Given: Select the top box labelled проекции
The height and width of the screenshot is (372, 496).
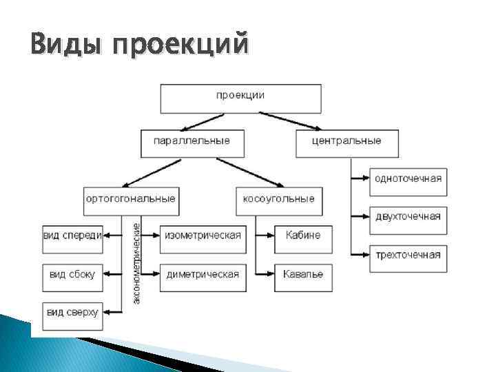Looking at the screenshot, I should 240,99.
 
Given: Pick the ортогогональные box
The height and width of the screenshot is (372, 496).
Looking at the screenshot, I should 130,199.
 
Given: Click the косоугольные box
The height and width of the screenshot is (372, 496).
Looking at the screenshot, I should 278,199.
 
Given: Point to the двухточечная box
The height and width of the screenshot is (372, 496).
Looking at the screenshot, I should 408,217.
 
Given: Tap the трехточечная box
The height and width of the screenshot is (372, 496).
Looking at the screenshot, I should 408,256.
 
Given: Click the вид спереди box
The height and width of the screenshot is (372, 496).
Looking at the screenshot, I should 72,236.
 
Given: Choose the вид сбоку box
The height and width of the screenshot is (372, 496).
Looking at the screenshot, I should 72,274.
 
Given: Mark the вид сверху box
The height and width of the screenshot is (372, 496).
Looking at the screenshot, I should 72,313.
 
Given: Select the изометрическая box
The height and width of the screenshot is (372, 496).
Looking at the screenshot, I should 203,236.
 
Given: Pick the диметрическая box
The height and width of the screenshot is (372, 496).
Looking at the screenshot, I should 203,274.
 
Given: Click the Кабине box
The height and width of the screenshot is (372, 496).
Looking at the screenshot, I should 302,236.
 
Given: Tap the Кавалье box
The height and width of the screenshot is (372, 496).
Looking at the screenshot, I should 302,274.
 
